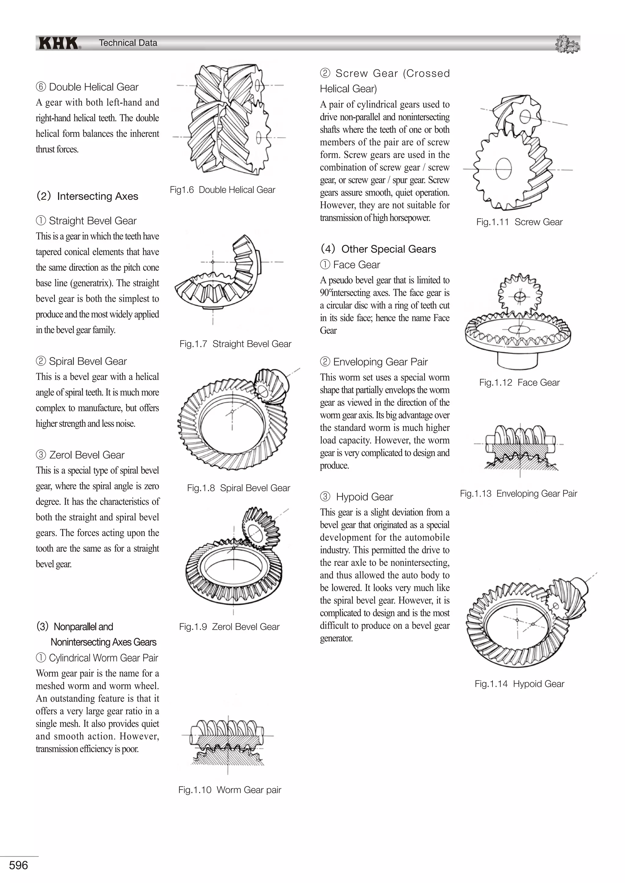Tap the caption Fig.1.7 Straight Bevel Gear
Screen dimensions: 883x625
coord(235,344)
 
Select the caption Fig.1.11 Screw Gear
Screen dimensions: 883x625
coord(519,222)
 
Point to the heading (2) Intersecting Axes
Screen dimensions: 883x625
coord(87,196)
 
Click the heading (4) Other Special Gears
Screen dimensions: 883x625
coord(378,249)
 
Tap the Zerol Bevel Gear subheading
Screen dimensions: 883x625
coord(87,455)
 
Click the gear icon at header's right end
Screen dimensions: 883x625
coord(567,44)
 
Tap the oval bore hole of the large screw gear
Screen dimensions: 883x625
coord(503,169)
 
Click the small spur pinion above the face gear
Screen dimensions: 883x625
coord(519,296)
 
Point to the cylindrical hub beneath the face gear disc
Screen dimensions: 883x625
coord(517,359)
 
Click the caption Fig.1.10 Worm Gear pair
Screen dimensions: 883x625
coord(230,790)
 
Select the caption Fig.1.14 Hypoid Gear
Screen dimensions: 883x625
coord(519,684)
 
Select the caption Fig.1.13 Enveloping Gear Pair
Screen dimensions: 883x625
coord(518,493)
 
